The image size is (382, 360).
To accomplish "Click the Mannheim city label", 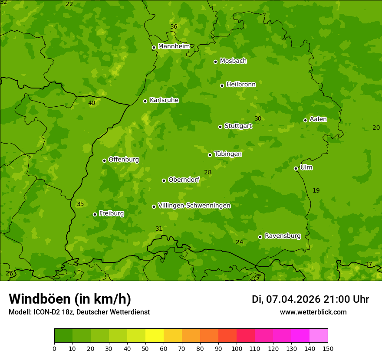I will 174,46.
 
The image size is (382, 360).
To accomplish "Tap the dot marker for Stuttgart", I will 220,127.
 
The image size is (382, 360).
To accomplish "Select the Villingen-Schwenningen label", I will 194,206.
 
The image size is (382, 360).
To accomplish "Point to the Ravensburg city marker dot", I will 260,237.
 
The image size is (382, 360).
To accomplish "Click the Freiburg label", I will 111,213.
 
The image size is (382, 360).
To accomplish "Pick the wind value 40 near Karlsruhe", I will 92,103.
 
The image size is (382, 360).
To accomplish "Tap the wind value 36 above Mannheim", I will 174,27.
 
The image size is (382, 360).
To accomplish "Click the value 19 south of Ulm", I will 316,190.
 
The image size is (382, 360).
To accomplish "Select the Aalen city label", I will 318,119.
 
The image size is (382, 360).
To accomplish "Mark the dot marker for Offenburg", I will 104,160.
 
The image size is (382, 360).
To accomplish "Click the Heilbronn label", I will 241,85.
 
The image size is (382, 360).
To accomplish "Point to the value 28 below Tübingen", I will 208,173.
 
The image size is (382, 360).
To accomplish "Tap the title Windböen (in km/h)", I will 70,299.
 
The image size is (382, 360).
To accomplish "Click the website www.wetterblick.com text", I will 313,312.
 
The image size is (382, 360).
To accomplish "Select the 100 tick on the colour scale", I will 237,348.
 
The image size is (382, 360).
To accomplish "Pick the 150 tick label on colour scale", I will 328,348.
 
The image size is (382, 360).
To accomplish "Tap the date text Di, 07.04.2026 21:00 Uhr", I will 310,299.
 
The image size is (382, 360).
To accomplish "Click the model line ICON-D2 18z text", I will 79,312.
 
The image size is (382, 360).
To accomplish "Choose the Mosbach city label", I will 233,61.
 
